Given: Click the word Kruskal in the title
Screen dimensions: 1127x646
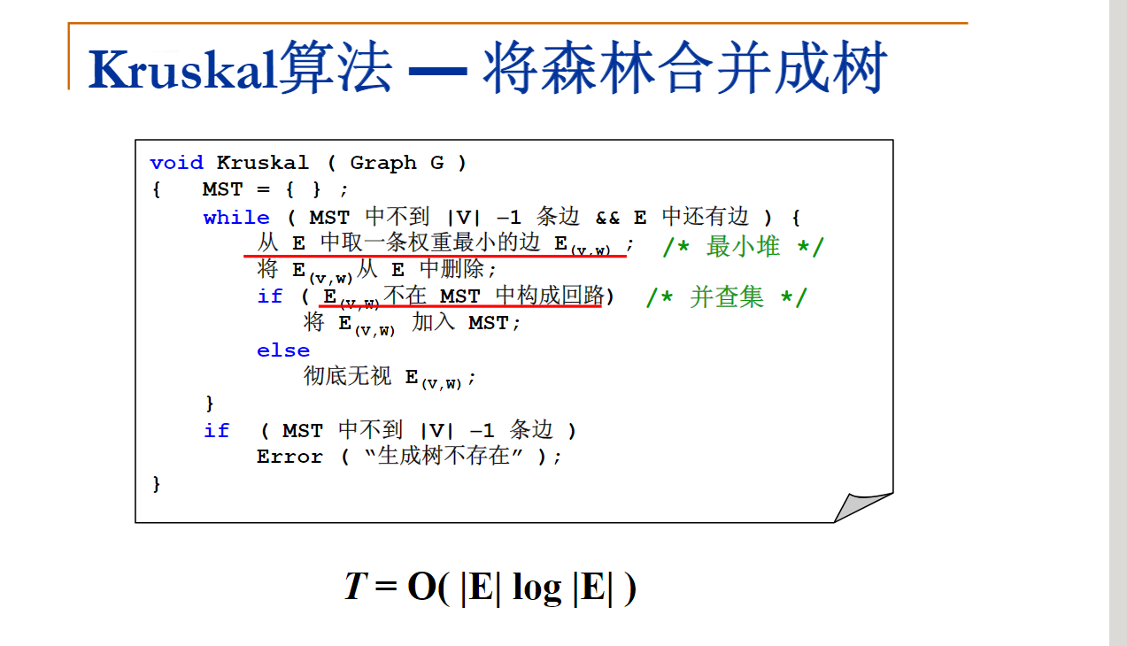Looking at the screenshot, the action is click(x=183, y=69).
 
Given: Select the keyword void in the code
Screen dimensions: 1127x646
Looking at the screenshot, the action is click(x=176, y=163).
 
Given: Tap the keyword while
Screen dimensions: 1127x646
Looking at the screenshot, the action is click(x=236, y=218).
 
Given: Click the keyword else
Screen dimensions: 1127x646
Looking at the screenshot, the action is click(x=283, y=350).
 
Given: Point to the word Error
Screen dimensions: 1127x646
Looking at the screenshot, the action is click(x=289, y=457).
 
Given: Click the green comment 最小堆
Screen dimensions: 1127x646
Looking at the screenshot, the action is click(x=743, y=247).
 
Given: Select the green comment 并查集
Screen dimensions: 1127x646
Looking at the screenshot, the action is click(x=727, y=296).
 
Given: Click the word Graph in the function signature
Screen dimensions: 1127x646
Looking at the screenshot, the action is click(x=383, y=163).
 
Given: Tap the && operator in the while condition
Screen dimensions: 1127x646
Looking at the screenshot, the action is click(x=607, y=218).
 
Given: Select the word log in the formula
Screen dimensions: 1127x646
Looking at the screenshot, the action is click(x=536, y=588).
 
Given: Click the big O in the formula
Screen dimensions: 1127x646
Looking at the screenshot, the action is click(x=422, y=586).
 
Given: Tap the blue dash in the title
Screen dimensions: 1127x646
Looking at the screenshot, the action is click(x=437, y=71).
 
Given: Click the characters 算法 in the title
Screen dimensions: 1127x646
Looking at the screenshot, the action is click(x=336, y=67).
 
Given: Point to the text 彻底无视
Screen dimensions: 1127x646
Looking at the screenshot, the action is click(x=347, y=375).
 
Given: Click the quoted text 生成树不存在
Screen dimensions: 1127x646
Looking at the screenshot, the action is click(x=444, y=456).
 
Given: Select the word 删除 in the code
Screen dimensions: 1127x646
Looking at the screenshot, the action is click(x=462, y=268).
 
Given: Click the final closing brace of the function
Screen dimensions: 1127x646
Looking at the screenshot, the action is click(x=157, y=484).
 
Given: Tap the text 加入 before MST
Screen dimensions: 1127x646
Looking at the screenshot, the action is click(x=433, y=322).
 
